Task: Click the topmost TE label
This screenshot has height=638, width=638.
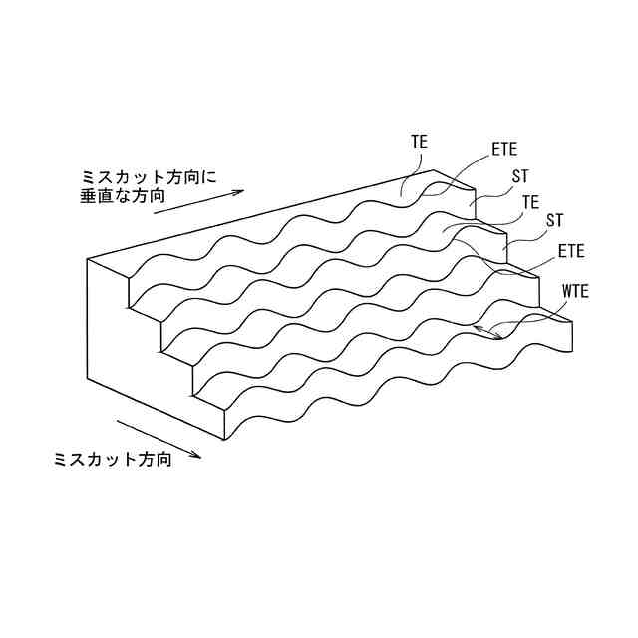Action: (419, 143)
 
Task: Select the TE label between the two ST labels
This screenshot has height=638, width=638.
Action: (531, 202)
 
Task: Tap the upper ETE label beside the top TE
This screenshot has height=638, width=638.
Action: (504, 151)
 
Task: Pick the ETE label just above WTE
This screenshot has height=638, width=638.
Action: (571, 249)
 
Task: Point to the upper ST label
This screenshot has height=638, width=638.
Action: (520, 176)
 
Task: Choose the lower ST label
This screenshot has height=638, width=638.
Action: (555, 218)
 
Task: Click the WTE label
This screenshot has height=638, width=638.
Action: (576, 291)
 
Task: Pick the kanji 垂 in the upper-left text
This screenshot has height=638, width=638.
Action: (88, 197)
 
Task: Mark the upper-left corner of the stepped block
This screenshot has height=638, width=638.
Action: (88, 259)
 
